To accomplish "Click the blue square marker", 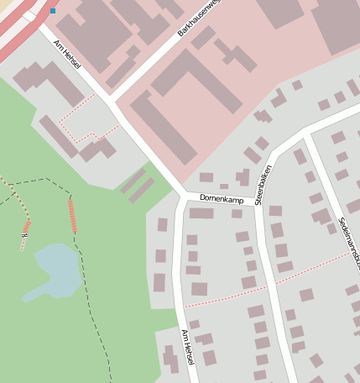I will pos(53,11).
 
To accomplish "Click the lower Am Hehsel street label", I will pos(187,346).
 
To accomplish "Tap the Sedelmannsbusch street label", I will pos(348,243).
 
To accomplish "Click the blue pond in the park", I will pos(55,269).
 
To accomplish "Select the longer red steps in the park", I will pos(72,216).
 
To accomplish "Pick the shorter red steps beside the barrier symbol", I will pos(27,226).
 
